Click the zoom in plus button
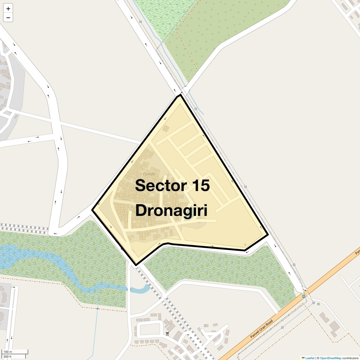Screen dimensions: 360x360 click(8, 8)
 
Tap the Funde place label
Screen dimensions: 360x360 click(149, 174)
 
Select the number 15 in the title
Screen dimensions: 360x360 click(201, 185)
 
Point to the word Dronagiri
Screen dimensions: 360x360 click(171, 210)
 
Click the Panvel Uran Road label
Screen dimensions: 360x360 click(262, 329)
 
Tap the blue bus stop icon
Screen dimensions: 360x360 click(304, 296)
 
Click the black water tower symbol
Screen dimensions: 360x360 click(167, 334)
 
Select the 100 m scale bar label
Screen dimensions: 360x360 click(8, 352)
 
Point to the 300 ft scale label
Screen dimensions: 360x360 click(7, 357)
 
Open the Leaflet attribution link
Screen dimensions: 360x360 click(310, 358)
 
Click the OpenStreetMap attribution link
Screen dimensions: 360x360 click(330, 358)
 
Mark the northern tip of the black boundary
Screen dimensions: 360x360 click(181, 95)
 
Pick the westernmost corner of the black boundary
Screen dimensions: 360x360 click(92, 210)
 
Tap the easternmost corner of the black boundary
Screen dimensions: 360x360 click(268, 235)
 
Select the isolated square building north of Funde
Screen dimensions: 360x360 click(166, 129)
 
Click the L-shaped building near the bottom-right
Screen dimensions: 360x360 click(325, 318)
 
